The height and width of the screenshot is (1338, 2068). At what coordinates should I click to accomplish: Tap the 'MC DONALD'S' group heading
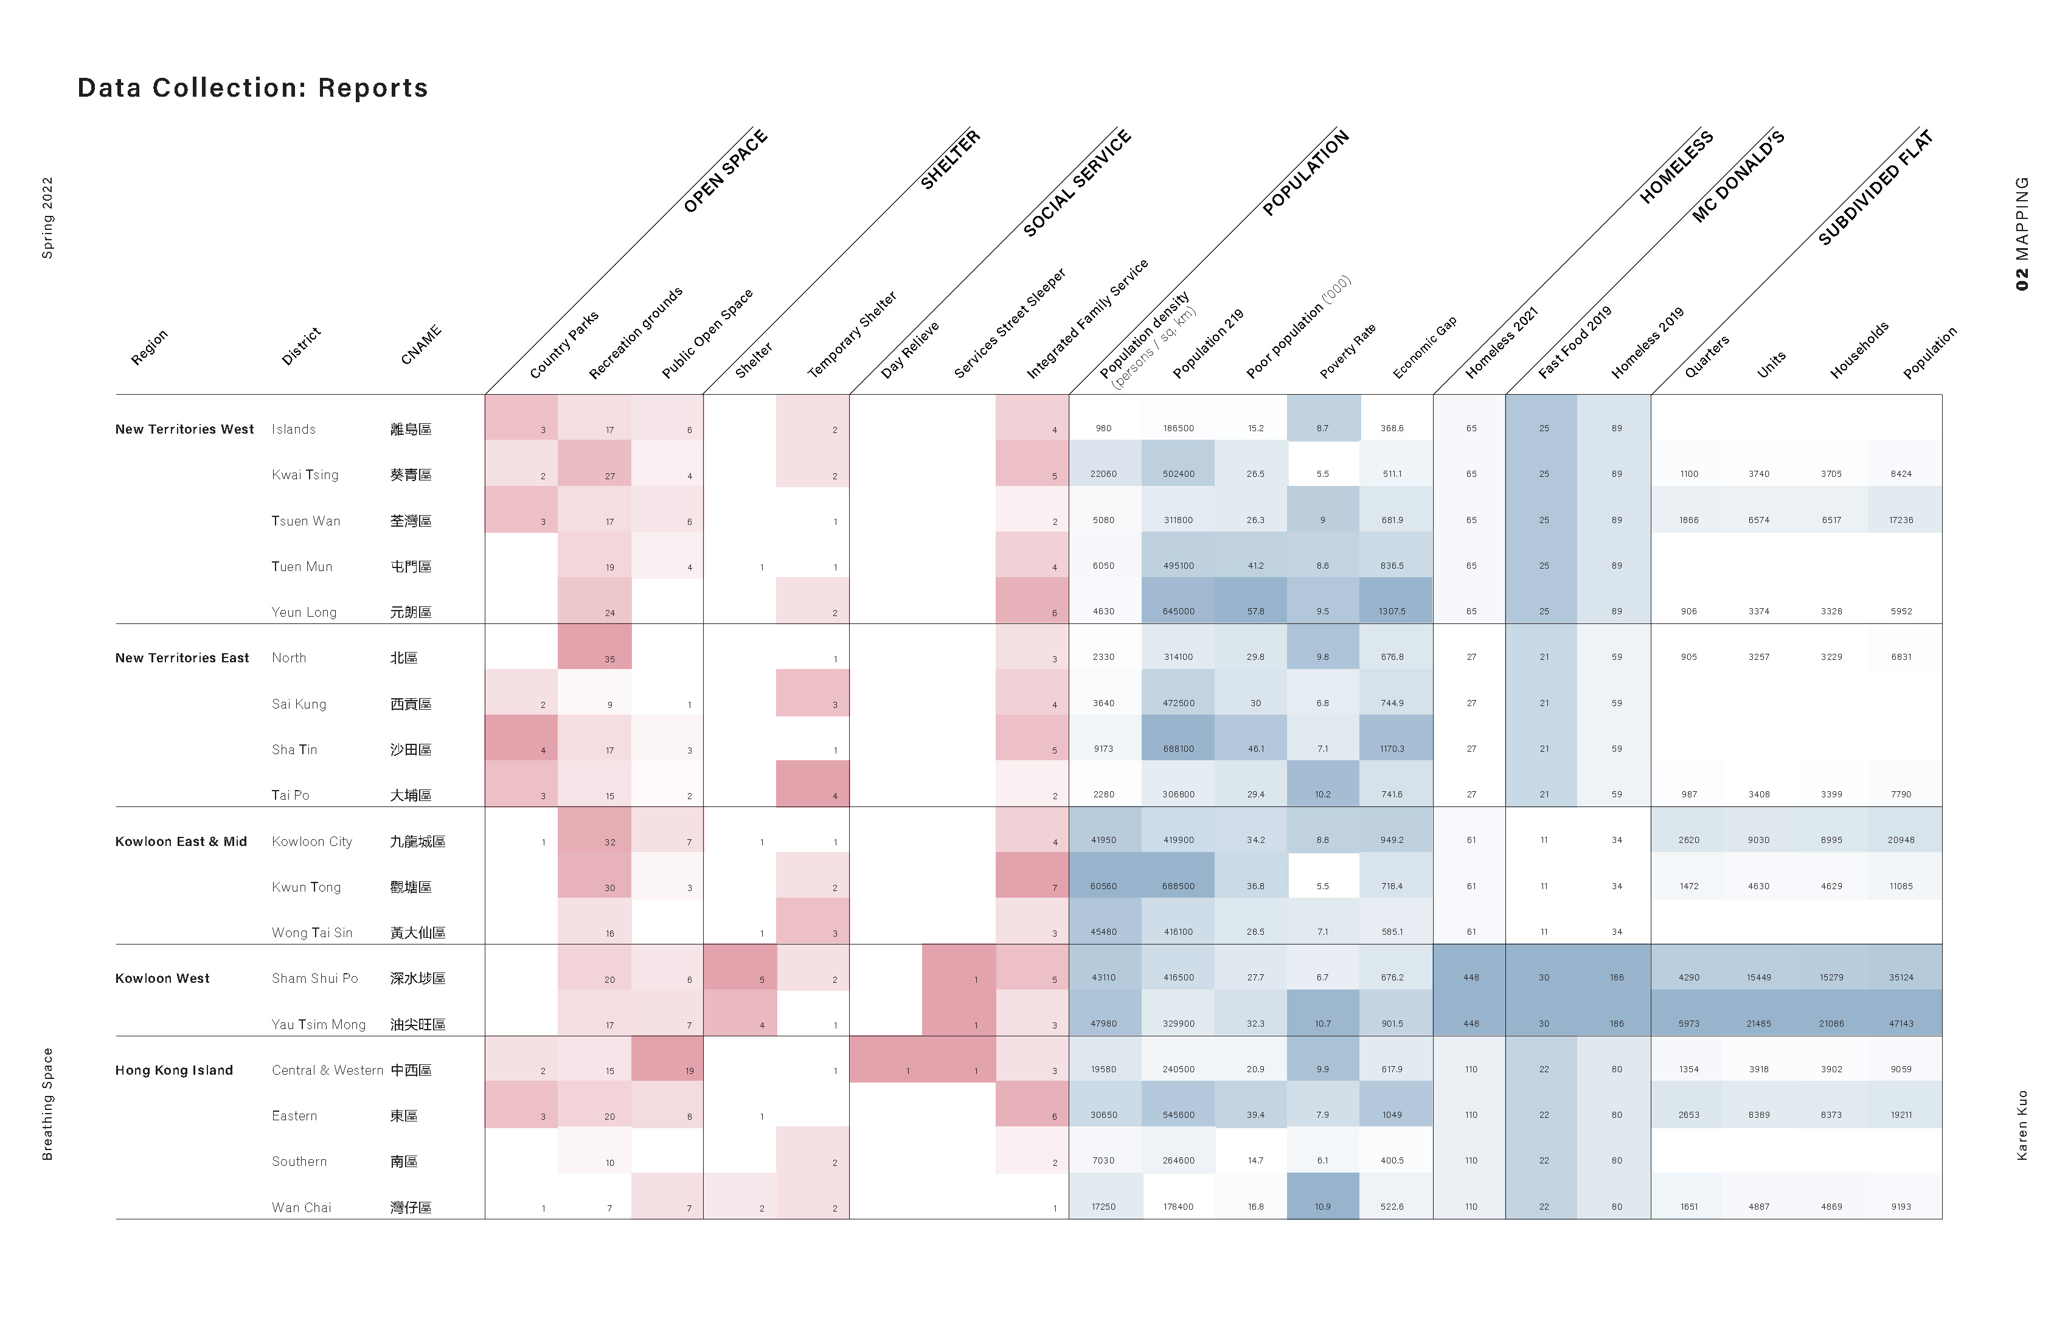tap(1738, 176)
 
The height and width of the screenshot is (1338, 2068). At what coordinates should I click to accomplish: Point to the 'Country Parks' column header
tap(564, 345)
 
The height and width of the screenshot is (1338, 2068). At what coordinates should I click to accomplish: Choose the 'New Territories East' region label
tap(182, 657)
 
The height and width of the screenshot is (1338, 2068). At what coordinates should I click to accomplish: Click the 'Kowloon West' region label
tap(162, 979)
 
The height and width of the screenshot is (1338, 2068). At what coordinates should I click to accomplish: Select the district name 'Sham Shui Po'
tap(314, 979)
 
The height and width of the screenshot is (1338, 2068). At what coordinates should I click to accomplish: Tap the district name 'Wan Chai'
tap(302, 1208)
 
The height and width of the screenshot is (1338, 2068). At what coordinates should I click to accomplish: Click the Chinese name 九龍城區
tap(417, 841)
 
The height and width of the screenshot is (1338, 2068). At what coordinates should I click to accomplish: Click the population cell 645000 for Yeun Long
tap(1178, 612)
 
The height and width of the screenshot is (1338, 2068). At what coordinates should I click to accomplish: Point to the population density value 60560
tap(1103, 886)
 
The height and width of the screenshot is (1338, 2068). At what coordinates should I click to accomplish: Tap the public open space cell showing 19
tap(689, 1070)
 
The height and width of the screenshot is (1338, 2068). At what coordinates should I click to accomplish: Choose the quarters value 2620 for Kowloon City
tap(1688, 840)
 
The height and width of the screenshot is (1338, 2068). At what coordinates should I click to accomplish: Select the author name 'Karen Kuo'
tap(2022, 1125)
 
